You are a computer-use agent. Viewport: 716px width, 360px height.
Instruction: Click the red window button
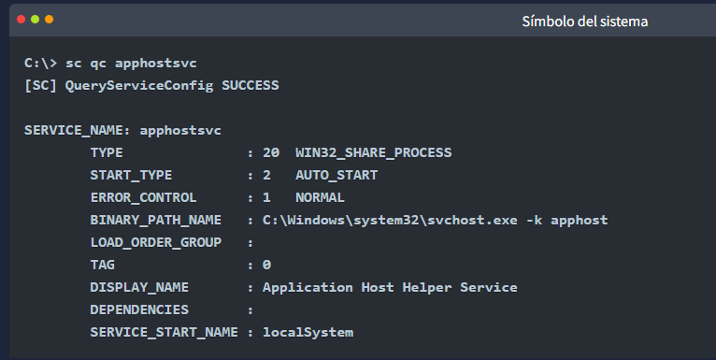pos(21,20)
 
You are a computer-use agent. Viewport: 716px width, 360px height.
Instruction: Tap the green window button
pos(36,20)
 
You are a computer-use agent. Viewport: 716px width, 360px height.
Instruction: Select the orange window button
pos(50,20)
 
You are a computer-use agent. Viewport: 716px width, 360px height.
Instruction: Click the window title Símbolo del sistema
pos(585,22)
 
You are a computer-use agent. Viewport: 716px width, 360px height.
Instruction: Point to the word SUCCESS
pos(251,85)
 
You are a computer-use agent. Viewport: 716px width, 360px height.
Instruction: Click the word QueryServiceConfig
pos(139,86)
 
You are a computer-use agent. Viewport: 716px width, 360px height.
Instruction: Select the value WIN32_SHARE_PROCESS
pos(374,152)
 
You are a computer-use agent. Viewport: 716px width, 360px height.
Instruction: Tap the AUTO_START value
pos(337,175)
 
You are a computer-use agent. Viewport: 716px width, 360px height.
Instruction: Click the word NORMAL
pos(320,197)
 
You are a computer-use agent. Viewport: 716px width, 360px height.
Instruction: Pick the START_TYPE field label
pos(131,175)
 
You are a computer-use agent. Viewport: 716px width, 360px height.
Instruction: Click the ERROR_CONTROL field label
pos(143,197)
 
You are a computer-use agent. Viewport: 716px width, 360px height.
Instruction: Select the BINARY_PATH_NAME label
pos(156,220)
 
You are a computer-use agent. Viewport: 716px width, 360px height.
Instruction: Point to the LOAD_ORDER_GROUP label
pos(156,242)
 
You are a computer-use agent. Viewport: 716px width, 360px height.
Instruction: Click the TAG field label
pos(102,265)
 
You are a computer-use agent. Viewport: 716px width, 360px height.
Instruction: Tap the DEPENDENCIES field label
pos(139,310)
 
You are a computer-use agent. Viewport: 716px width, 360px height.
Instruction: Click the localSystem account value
pos(308,332)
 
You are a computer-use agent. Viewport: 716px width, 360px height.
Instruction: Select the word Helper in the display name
pos(427,287)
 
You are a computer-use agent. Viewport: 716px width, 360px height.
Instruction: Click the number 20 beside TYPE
pos(271,152)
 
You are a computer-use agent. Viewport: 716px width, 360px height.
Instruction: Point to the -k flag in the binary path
pos(535,220)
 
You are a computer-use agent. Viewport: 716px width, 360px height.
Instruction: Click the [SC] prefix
pos(40,85)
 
